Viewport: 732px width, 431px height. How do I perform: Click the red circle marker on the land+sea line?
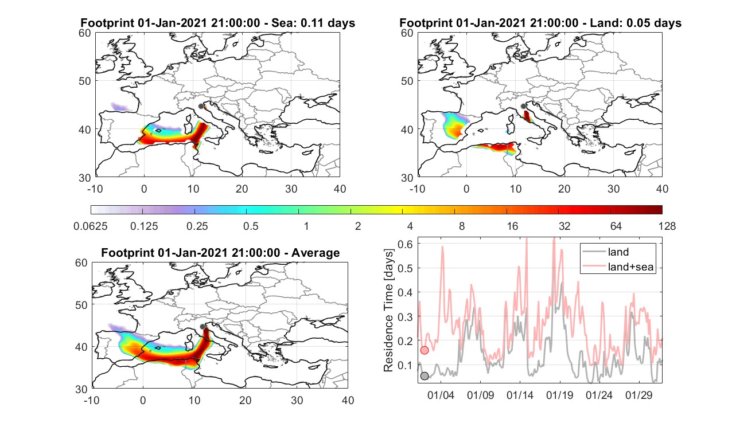(x=424, y=350)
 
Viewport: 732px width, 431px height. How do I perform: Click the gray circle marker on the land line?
(x=424, y=376)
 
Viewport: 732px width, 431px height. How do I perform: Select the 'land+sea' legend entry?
(x=630, y=267)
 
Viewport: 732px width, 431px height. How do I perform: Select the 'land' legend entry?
(x=618, y=252)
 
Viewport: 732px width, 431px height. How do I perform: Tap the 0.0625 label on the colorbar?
(x=91, y=226)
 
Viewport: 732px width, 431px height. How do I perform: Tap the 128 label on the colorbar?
(x=667, y=226)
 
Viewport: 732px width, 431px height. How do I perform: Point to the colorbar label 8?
(x=461, y=226)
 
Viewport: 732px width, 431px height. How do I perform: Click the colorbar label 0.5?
(x=251, y=226)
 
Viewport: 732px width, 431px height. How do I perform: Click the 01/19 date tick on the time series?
(x=559, y=395)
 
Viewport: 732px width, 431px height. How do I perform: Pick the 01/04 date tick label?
(x=441, y=395)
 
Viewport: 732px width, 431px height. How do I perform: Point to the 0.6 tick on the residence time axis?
(x=405, y=244)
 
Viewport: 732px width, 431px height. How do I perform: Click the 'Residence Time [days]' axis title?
(x=388, y=311)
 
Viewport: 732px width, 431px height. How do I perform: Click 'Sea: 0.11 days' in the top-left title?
(x=313, y=23)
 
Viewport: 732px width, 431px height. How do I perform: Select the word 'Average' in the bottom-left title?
(x=316, y=253)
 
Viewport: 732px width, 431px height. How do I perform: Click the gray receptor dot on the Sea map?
(x=201, y=106)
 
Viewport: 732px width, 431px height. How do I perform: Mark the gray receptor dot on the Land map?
(x=523, y=106)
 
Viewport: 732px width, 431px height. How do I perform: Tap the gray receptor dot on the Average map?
(x=203, y=327)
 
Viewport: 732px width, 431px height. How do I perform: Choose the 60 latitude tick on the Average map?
(x=81, y=263)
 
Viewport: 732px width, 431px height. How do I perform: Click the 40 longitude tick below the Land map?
(x=662, y=189)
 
